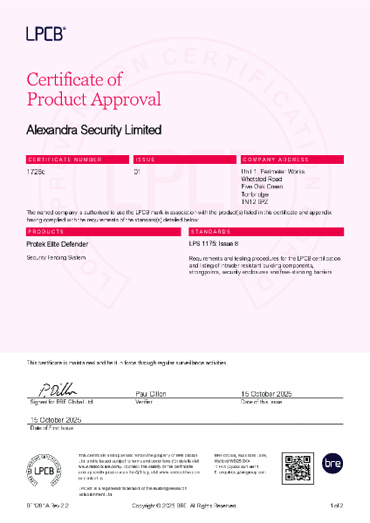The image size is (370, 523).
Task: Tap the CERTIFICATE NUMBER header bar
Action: [77, 160]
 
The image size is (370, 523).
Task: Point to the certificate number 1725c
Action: [37, 172]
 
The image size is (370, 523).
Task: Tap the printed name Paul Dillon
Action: [153, 394]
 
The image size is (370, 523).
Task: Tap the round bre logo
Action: [332, 465]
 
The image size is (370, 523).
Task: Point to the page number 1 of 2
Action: [337, 506]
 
